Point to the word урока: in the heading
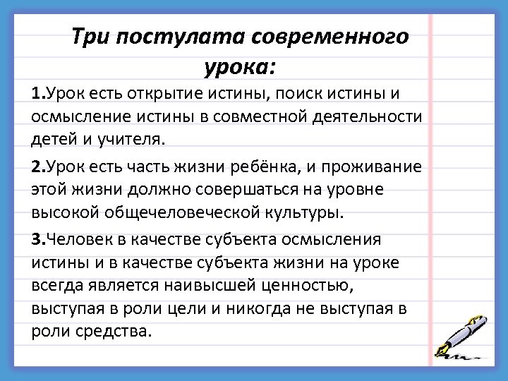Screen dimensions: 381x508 click(x=241, y=68)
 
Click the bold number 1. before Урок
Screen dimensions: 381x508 click(x=38, y=93)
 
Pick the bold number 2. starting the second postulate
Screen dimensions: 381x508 click(x=39, y=167)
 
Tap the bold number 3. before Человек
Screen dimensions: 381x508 click(x=39, y=240)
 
